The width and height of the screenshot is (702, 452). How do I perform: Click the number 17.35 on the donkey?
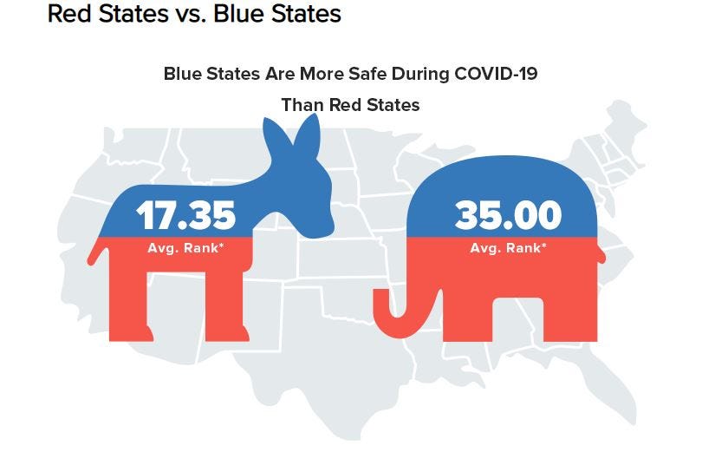pos(185,216)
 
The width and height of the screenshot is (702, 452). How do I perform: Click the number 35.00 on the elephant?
pos(508,215)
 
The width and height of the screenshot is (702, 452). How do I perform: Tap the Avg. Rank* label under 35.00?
pos(508,248)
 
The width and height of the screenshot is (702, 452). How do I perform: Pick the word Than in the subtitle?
pos(301,105)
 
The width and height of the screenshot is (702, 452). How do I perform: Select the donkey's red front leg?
pos(227,304)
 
